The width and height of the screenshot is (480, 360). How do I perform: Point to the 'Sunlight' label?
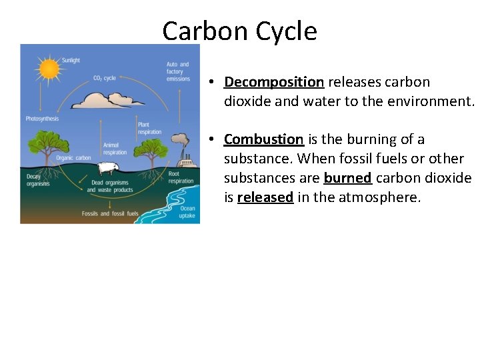(70, 60)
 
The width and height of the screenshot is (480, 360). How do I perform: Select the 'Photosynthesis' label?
(42, 119)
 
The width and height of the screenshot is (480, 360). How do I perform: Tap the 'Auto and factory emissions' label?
(177, 72)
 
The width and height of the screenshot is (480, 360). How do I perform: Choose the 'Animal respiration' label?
(114, 148)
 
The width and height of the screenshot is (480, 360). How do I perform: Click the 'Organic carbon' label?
(73, 158)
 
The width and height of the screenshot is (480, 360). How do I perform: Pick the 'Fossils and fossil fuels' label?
(110, 213)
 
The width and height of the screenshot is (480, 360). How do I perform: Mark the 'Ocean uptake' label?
(187, 212)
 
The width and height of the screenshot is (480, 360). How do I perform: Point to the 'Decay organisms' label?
(38, 180)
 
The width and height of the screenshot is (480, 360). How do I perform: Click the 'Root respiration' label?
(180, 177)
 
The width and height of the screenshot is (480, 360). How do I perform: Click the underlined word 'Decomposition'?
(274, 82)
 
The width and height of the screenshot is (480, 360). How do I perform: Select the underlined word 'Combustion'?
(264, 139)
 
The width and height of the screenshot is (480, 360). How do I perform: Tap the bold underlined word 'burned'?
(347, 178)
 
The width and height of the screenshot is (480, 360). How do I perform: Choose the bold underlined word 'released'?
(265, 197)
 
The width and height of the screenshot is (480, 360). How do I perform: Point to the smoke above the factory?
(179, 139)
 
